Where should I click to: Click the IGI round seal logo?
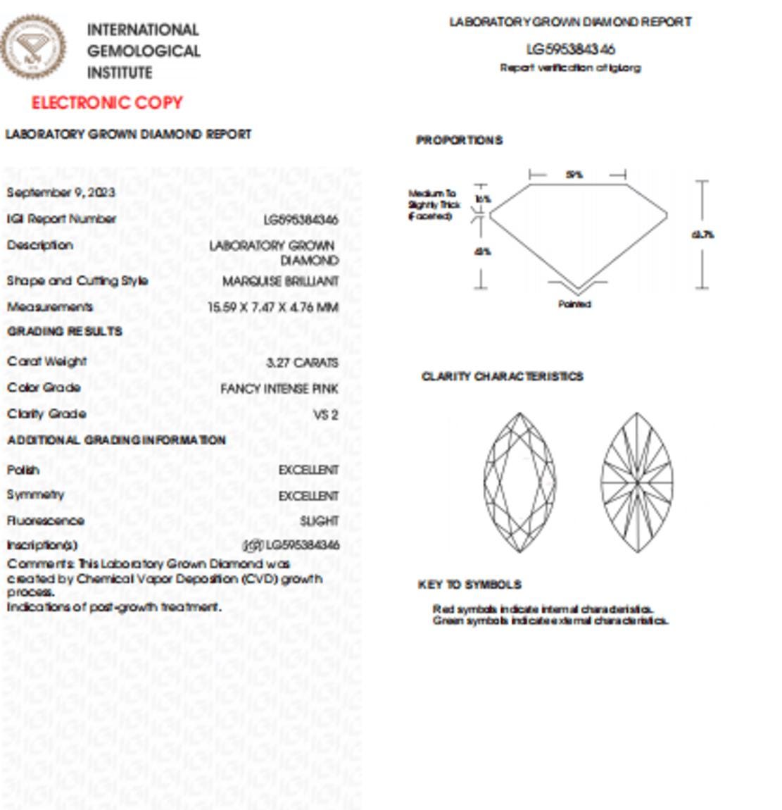(x=33, y=46)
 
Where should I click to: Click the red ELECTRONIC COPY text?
(x=107, y=103)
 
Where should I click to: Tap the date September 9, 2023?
(x=61, y=192)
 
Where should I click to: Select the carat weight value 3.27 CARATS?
(x=303, y=363)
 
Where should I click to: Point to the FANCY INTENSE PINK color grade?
(x=279, y=389)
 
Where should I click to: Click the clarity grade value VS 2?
(x=325, y=415)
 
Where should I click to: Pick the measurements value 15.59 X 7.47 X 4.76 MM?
(x=273, y=307)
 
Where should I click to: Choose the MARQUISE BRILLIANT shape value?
(x=281, y=281)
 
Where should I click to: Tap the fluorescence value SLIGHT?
(x=320, y=521)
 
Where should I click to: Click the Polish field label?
(x=23, y=470)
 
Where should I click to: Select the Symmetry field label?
(x=35, y=494)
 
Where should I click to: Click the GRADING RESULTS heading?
(x=65, y=331)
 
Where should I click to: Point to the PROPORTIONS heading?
(x=460, y=140)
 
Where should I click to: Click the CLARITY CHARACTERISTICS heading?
(x=503, y=376)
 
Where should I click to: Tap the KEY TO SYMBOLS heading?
(x=469, y=585)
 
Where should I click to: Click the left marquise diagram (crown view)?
(x=519, y=482)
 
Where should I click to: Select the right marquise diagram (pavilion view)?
(x=637, y=482)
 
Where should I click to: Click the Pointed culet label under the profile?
(x=574, y=304)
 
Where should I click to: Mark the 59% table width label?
(x=574, y=175)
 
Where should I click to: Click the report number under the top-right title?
(x=570, y=49)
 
